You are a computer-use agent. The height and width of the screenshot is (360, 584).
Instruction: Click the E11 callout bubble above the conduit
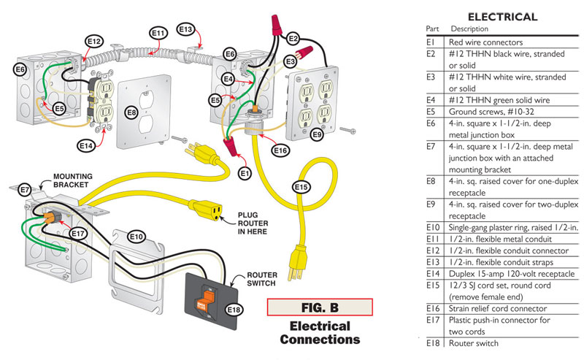(x=158, y=33)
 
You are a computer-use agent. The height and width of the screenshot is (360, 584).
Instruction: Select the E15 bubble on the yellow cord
(x=301, y=186)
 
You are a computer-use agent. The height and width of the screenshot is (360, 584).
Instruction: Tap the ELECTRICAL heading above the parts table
(x=502, y=17)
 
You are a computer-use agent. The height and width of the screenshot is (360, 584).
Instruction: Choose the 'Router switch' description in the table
(x=474, y=342)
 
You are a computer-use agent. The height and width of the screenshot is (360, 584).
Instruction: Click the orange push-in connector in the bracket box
(x=50, y=218)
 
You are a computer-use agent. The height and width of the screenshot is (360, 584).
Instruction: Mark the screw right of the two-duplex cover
(x=352, y=131)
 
